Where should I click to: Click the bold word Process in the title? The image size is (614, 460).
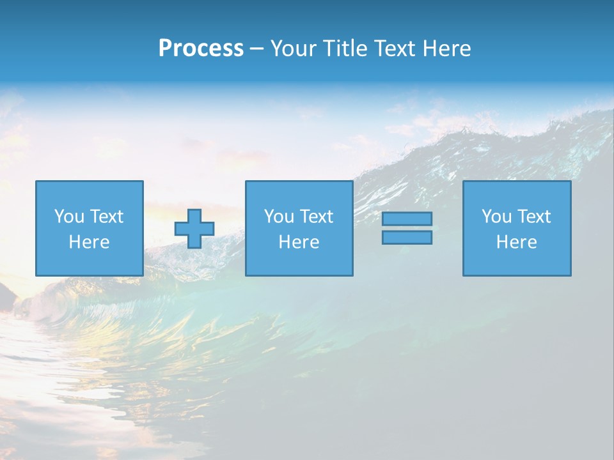pos(201,49)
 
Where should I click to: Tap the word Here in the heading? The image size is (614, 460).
pos(446,49)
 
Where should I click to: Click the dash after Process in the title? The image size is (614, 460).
pos(256,49)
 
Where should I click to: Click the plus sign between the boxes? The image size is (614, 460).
pos(194,229)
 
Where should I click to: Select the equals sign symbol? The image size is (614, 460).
pos(407,228)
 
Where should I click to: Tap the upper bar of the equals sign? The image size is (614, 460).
pos(407,219)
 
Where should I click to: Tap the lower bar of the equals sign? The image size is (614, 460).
pos(407,237)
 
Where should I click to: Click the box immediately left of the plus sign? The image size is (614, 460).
pos(89,228)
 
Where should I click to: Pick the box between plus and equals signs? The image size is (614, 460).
pos(299,228)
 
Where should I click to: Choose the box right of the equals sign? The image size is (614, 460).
pos(516,228)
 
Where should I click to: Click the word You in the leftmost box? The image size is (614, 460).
pos(69,217)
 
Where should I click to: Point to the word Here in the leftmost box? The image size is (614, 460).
pos(89,242)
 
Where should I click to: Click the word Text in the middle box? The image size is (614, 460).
pos(316,217)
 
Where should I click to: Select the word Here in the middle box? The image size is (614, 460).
pos(299,242)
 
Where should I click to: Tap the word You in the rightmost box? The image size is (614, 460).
pos(496,217)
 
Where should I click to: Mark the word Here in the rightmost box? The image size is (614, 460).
pos(516,242)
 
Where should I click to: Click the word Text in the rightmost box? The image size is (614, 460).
pos(533,217)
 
